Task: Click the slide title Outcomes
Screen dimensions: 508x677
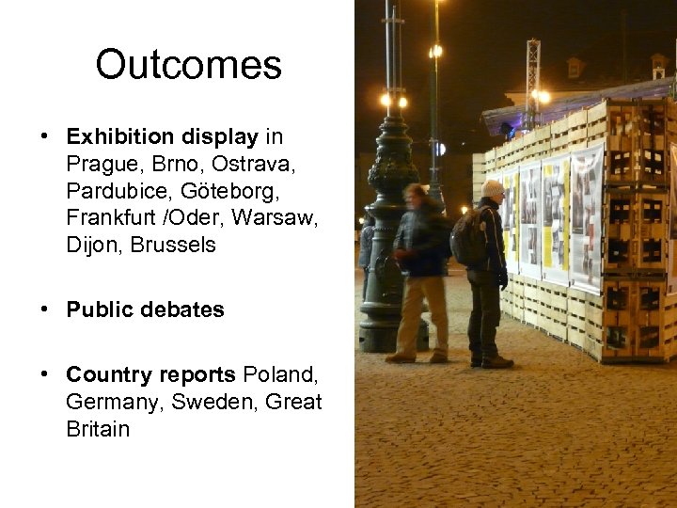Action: tap(188, 65)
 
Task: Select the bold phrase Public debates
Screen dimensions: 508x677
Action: tap(145, 310)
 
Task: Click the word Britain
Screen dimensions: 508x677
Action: tap(98, 429)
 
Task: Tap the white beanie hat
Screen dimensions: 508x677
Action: tap(492, 189)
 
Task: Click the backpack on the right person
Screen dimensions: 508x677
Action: tap(467, 237)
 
